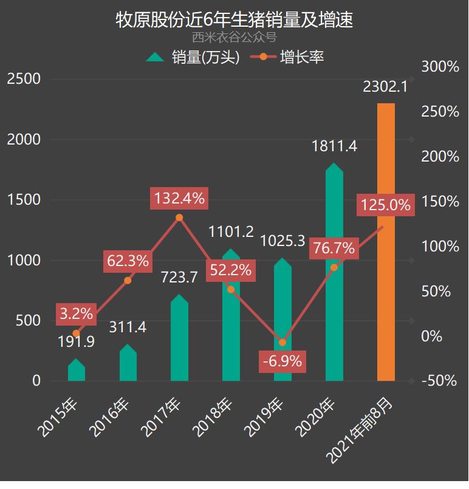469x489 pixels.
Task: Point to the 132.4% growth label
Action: click(x=179, y=198)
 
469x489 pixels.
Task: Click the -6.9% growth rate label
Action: click(x=282, y=361)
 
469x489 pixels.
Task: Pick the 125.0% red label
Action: click(x=386, y=205)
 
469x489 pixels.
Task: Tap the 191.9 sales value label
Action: click(x=76, y=342)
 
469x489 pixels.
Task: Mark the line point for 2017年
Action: click(x=179, y=217)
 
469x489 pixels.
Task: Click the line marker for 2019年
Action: click(x=282, y=343)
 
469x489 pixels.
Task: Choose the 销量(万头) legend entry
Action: click(x=194, y=58)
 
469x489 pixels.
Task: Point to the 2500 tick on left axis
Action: click(x=24, y=79)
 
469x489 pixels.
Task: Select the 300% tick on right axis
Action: click(x=440, y=67)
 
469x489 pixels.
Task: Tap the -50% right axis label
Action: click(x=440, y=381)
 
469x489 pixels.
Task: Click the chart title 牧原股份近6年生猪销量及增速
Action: click(x=235, y=19)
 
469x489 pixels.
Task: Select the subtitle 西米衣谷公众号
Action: click(x=235, y=38)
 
